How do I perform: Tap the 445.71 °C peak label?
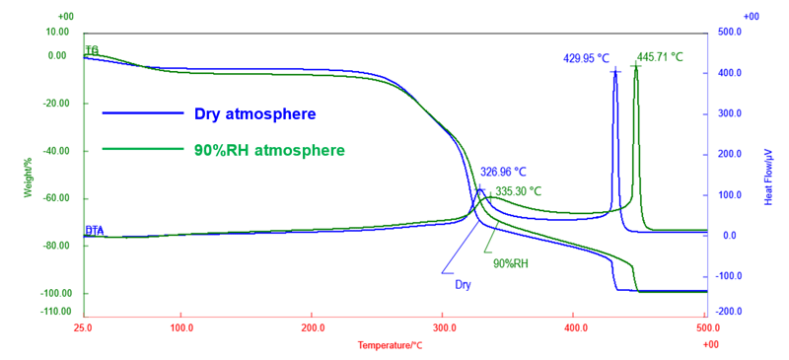coord(660,57)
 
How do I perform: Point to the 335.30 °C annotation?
coord(519,191)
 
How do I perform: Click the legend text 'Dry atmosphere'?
coord(254,113)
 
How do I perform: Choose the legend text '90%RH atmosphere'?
coord(269,150)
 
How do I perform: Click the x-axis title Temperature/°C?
coord(390,345)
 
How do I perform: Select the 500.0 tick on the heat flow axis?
coord(729,33)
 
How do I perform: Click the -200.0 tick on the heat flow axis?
coord(729,312)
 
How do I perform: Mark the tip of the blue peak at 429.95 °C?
coord(615,70)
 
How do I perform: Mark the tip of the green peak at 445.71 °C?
coord(636,66)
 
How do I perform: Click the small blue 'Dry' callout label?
coord(463,284)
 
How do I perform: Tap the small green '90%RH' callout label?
coord(511,263)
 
